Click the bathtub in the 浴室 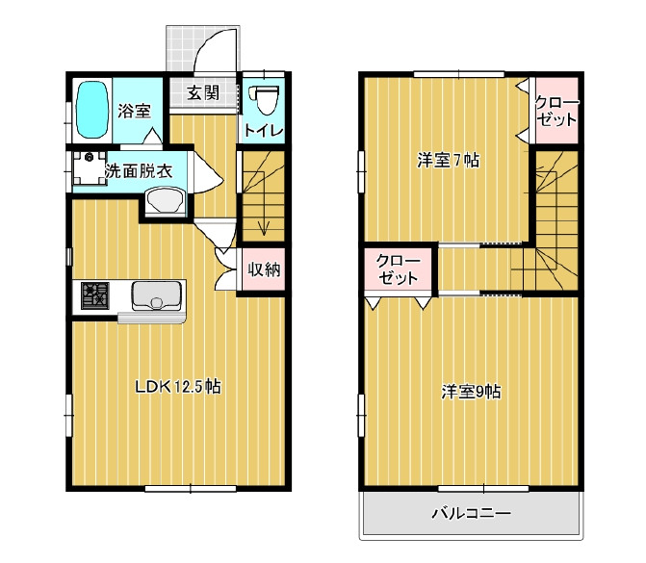pos(92,110)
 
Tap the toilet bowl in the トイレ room pos(265,100)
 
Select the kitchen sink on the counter pos(157,296)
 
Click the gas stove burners pos(95,295)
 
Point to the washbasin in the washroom pos(166,201)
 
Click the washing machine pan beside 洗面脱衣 pos(90,168)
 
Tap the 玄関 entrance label pos(203,92)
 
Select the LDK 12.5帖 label pos(178,387)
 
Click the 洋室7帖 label pos(449,160)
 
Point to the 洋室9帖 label pos(472,392)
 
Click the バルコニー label pos(472,513)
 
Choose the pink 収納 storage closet pos(263,269)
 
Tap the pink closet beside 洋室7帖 pos(556,111)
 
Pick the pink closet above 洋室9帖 pos(398,269)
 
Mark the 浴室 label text pos(135,111)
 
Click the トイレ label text pos(264,131)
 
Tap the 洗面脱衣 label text pos(139,171)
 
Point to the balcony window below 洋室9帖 pos(483,489)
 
